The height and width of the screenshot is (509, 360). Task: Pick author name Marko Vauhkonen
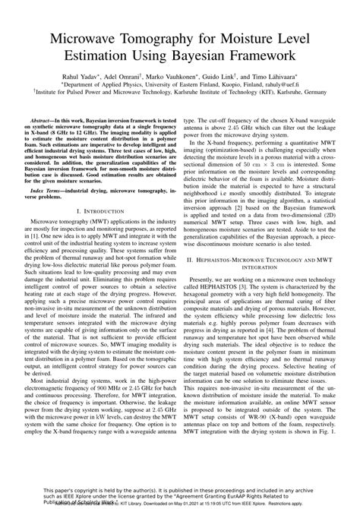187,78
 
